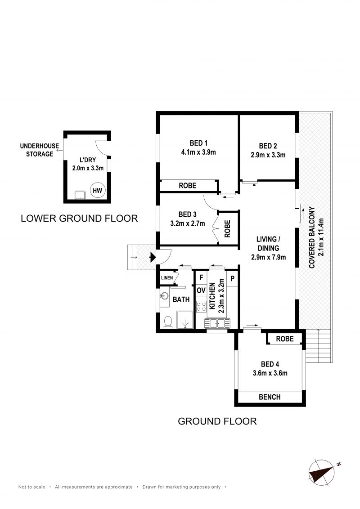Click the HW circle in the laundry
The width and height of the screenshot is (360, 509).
click(x=98, y=191)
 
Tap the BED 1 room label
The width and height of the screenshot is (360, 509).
click(x=198, y=143)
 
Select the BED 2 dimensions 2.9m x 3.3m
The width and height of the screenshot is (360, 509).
click(x=268, y=155)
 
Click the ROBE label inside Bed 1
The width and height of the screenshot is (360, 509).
click(x=188, y=186)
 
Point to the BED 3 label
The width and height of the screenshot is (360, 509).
click(x=188, y=214)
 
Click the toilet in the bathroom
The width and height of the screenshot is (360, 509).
click(x=168, y=322)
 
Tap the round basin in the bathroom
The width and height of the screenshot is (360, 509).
click(x=165, y=296)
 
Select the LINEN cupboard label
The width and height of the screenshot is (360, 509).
click(x=167, y=278)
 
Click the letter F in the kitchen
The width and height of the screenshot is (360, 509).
click(x=201, y=277)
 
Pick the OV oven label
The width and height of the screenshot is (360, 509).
click(x=201, y=290)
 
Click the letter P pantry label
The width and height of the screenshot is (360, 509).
click(x=232, y=278)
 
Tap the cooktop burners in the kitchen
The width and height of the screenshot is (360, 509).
click(x=202, y=307)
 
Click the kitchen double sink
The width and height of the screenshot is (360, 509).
click(x=217, y=324)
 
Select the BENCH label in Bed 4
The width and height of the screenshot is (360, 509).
click(x=270, y=397)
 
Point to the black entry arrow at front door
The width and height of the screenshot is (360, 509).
click(x=153, y=258)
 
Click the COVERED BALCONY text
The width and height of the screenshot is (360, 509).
click(x=312, y=237)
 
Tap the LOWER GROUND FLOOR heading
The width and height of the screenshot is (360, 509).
click(x=79, y=219)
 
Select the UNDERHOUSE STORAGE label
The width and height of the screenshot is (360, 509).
click(x=40, y=150)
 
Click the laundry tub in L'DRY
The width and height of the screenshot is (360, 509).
click(x=80, y=195)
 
